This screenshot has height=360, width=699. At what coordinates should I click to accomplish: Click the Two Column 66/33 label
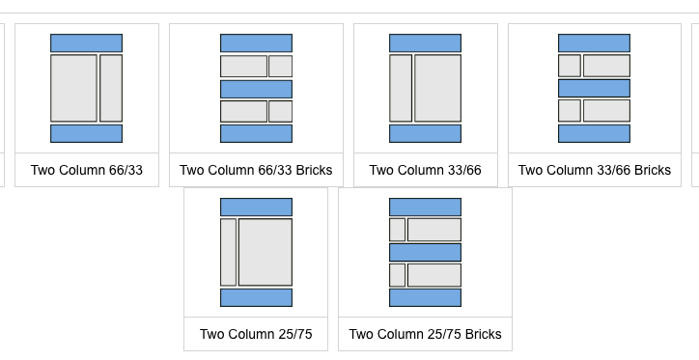pyautogui.click(x=87, y=170)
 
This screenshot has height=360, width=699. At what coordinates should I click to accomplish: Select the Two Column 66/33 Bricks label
pyautogui.click(x=256, y=170)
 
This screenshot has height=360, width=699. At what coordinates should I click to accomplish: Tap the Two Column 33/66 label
pyautogui.click(x=425, y=170)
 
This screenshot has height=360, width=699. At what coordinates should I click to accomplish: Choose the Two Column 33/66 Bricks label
pyautogui.click(x=594, y=170)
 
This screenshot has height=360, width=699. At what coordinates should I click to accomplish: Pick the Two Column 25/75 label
pyautogui.click(x=256, y=334)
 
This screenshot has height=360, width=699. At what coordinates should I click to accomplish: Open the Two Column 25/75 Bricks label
pyautogui.click(x=425, y=334)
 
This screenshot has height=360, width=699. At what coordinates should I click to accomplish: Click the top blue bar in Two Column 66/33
pyautogui.click(x=87, y=43)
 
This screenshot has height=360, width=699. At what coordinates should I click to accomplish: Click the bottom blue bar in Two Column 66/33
pyautogui.click(x=87, y=133)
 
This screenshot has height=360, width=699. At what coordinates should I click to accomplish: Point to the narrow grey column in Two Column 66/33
pyautogui.click(x=111, y=88)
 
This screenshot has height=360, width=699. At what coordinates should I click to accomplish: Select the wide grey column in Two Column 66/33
pyautogui.click(x=73, y=88)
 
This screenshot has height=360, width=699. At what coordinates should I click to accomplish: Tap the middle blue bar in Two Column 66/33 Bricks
pyautogui.click(x=256, y=89)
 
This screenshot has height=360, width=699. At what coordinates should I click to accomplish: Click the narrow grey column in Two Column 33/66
pyautogui.click(x=401, y=88)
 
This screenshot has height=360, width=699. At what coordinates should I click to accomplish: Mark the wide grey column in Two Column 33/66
pyautogui.click(x=437, y=88)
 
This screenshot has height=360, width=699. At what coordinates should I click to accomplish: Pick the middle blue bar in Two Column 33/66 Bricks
pyautogui.click(x=594, y=88)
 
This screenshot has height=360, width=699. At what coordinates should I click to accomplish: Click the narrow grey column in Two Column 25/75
pyautogui.click(x=228, y=252)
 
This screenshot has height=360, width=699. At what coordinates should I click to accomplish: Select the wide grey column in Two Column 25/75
pyautogui.click(x=266, y=252)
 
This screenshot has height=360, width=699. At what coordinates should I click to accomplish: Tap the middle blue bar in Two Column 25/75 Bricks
pyautogui.click(x=425, y=252)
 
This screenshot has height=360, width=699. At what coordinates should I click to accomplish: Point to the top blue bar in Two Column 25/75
pyautogui.click(x=256, y=208)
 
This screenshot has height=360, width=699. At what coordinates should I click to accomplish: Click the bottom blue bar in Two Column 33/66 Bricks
pyautogui.click(x=594, y=133)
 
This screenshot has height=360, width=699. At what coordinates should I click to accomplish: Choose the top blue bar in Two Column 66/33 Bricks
pyautogui.click(x=256, y=43)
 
